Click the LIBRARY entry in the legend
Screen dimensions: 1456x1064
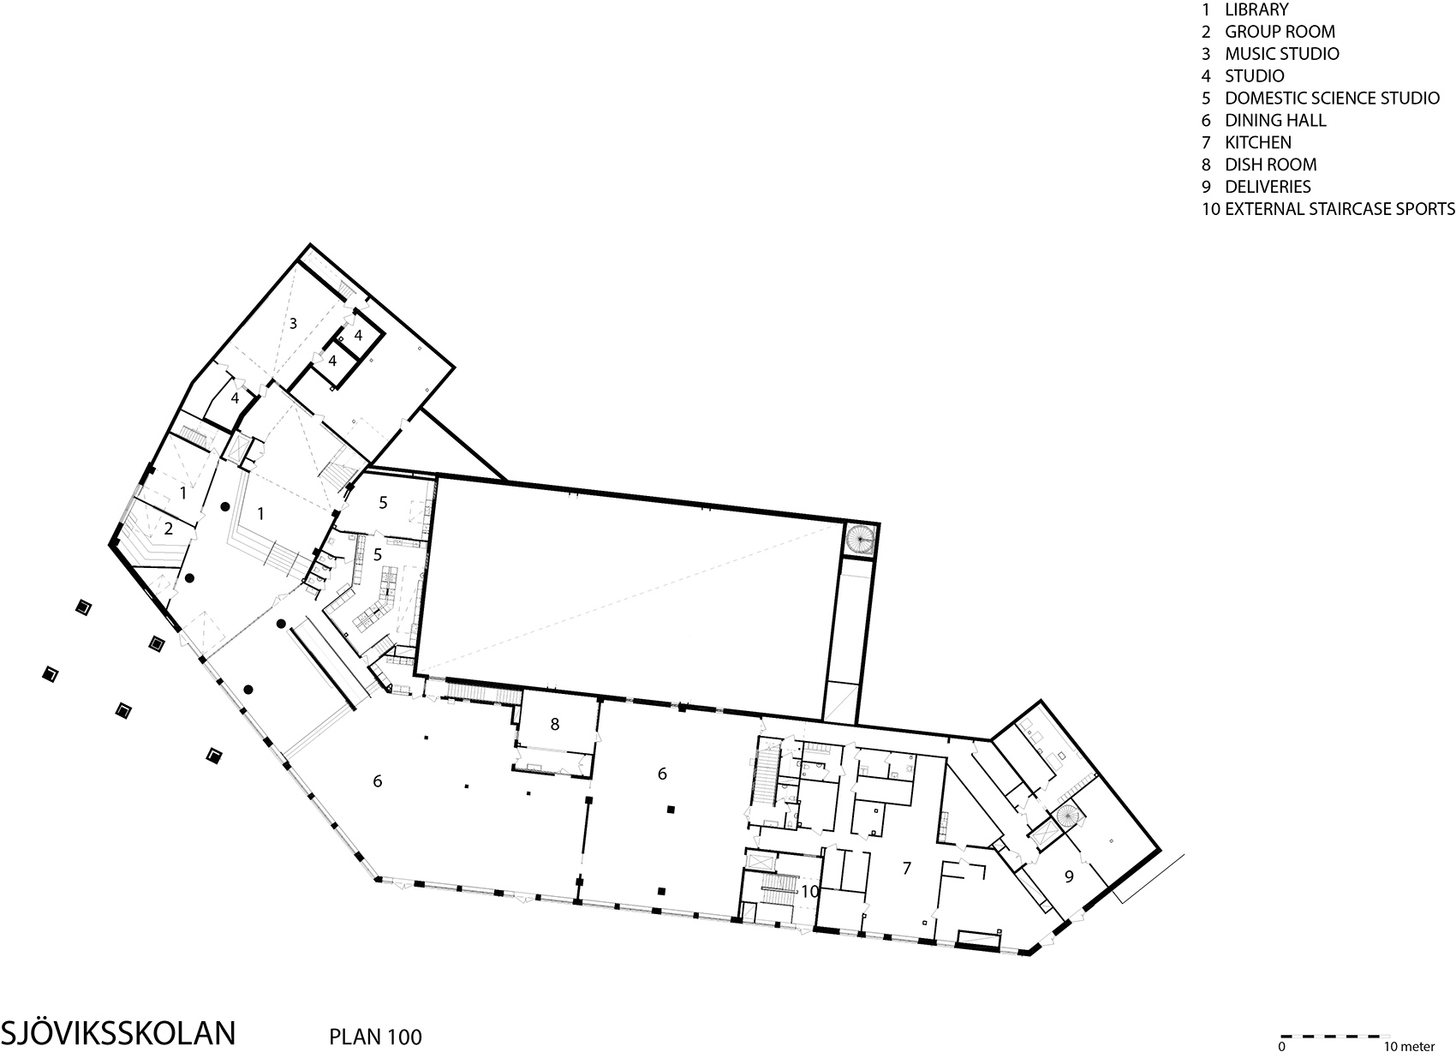(1244, 9)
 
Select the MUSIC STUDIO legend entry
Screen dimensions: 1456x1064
(1270, 54)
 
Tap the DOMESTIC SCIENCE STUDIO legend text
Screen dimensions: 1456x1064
(1320, 99)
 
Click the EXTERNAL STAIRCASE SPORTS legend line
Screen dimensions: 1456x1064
(1328, 209)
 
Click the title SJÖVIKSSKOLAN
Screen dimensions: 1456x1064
(118, 1033)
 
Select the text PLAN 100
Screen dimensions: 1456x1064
(376, 1037)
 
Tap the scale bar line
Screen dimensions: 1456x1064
(1335, 1036)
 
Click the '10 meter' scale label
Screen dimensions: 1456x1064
(1409, 1047)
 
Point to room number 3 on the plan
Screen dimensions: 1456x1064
(293, 323)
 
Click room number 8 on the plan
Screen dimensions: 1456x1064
(554, 724)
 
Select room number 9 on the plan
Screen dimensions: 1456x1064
(1069, 876)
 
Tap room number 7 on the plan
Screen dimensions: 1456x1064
(907, 868)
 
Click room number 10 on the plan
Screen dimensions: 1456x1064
(809, 891)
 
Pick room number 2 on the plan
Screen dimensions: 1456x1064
(169, 529)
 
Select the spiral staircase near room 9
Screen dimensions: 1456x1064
(1066, 816)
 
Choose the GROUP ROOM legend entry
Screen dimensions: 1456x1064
(1268, 32)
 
